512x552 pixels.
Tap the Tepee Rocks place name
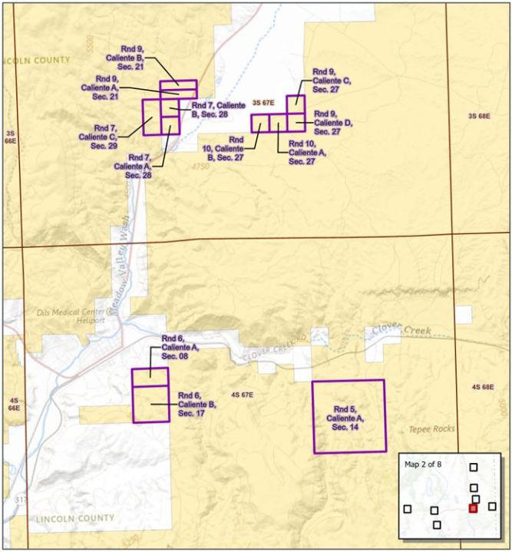coord(431,429)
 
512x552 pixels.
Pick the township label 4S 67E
coord(241,395)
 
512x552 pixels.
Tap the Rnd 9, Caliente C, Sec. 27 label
coord(331,80)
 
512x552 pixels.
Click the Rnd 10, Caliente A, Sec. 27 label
coord(307,153)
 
